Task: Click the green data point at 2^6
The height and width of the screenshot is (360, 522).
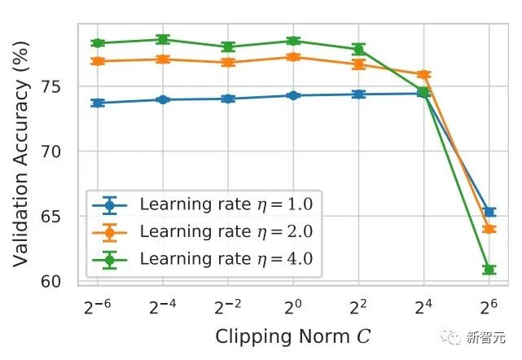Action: click(489, 269)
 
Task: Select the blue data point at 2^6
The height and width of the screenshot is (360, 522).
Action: click(489, 212)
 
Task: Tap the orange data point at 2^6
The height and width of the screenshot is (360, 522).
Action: click(489, 229)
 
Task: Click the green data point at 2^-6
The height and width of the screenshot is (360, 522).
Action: click(98, 42)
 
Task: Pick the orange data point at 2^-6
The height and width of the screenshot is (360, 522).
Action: click(98, 61)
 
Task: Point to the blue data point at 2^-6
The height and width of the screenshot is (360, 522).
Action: click(98, 103)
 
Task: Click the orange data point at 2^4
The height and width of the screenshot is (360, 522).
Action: click(423, 75)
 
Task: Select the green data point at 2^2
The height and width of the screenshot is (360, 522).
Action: click(358, 49)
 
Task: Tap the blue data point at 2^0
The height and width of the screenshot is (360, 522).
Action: click(293, 95)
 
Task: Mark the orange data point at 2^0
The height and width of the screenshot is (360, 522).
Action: click(293, 56)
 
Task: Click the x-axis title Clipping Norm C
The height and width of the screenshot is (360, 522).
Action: click(293, 336)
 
